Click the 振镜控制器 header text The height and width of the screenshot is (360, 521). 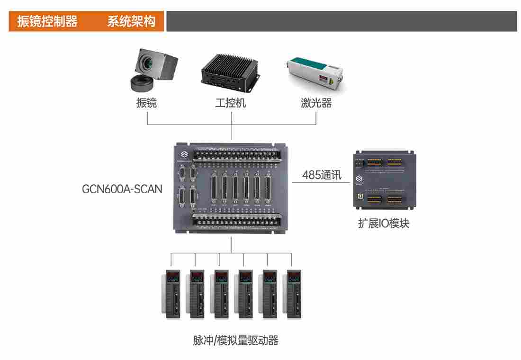pyautogui.click(x=47, y=22)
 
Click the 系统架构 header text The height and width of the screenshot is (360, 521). pyautogui.click(x=131, y=22)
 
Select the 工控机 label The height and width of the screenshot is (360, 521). pyautogui.click(x=231, y=103)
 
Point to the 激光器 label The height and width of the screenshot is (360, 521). pyautogui.click(x=316, y=103)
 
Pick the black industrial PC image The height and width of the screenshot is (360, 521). pyautogui.click(x=230, y=71)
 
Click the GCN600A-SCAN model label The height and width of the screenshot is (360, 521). pyautogui.click(x=122, y=189)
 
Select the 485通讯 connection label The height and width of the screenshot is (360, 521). pyautogui.click(x=322, y=175)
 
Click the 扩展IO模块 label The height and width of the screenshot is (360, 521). pyautogui.click(x=384, y=223)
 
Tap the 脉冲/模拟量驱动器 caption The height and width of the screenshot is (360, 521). pyautogui.click(x=235, y=340)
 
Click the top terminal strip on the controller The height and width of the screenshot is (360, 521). pyautogui.click(x=239, y=154)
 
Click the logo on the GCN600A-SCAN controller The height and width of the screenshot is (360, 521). pyautogui.click(x=182, y=155)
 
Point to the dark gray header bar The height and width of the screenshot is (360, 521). pyautogui.click(x=341, y=22)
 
